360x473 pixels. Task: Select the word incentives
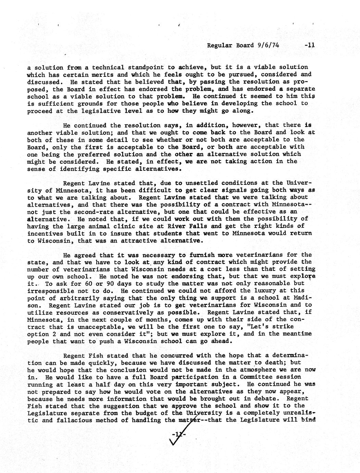pos(45,233)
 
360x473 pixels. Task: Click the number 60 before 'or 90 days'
pos(69,284)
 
